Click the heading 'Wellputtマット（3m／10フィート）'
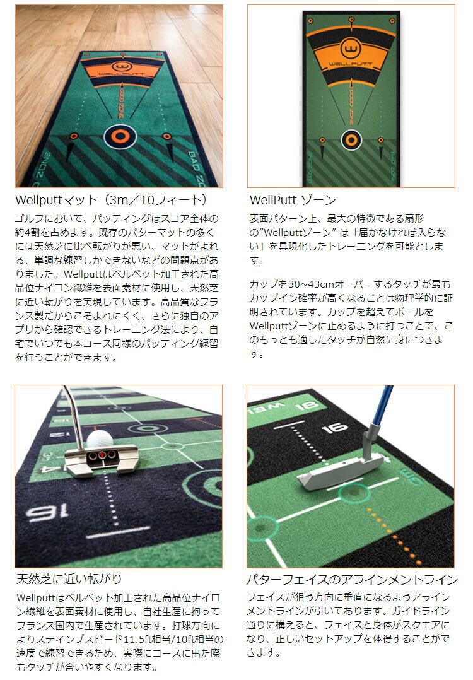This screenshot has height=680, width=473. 111,201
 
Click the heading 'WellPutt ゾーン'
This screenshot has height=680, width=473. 293,201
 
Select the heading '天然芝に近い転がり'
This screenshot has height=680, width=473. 69,578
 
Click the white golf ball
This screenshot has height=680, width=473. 100,440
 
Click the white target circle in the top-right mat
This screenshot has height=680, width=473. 350,141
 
